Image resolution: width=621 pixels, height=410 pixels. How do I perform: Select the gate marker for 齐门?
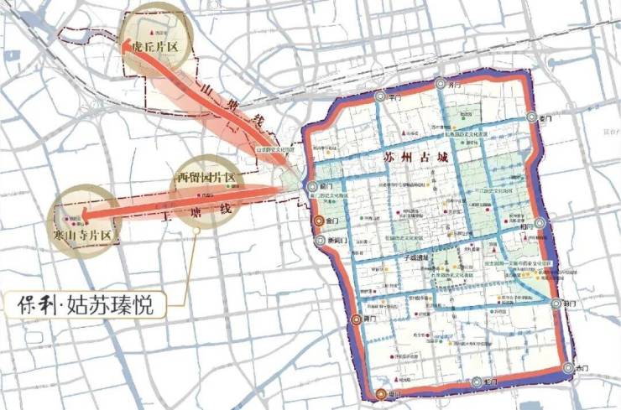click(441, 84)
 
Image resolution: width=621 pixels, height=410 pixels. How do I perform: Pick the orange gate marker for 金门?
click(319, 221)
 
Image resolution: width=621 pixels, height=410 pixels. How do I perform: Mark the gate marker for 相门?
click(540, 223)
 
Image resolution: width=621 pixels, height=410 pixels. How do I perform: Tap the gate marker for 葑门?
click(556, 304)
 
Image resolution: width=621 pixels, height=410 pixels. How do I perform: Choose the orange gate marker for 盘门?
click(381, 394)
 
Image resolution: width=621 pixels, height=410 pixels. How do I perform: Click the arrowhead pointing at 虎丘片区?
click(128, 47)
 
